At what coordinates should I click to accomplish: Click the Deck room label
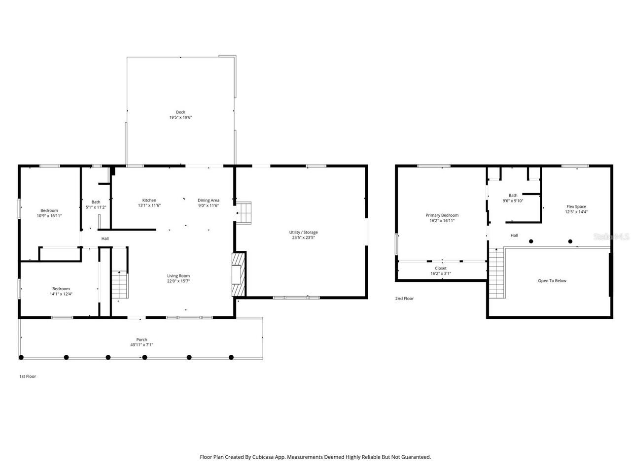tap(180, 112)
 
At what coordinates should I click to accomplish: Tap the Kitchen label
tap(149, 200)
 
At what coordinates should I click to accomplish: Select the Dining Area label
tap(209, 200)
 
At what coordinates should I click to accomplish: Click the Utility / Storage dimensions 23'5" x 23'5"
tap(304, 237)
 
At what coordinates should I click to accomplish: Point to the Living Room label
tap(178, 276)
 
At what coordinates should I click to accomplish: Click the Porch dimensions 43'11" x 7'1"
tap(141, 345)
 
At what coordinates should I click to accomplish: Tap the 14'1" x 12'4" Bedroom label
tap(61, 289)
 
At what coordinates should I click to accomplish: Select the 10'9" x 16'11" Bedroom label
tap(49, 211)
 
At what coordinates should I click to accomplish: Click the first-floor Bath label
tap(96, 202)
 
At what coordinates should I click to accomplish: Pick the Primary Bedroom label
tap(442, 215)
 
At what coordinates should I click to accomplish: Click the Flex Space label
tap(576, 207)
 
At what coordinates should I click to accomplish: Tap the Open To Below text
tap(552, 281)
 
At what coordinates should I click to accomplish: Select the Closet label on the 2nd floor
tap(441, 269)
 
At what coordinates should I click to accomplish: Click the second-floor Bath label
tap(513, 196)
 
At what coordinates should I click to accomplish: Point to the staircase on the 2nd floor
tap(496, 273)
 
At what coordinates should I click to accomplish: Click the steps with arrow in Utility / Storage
tap(244, 212)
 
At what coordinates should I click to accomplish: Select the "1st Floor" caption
tap(28, 376)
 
